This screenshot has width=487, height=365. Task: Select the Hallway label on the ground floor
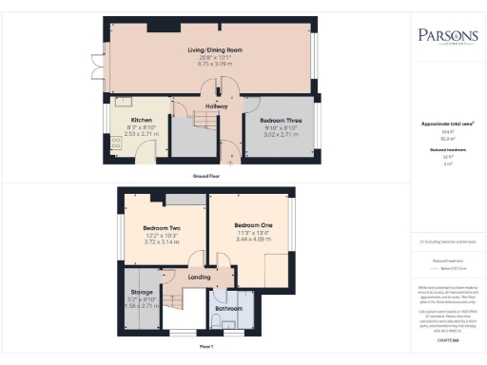tap(218, 106)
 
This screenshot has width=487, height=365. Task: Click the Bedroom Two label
tap(163, 229)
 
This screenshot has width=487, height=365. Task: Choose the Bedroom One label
tap(252, 225)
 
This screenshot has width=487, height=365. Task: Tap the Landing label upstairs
tap(198, 277)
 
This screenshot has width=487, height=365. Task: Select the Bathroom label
tap(229, 309)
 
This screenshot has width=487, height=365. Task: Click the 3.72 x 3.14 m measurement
tap(163, 242)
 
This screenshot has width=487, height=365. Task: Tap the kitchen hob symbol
tap(118, 144)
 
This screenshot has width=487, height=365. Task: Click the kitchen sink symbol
tap(122, 101)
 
